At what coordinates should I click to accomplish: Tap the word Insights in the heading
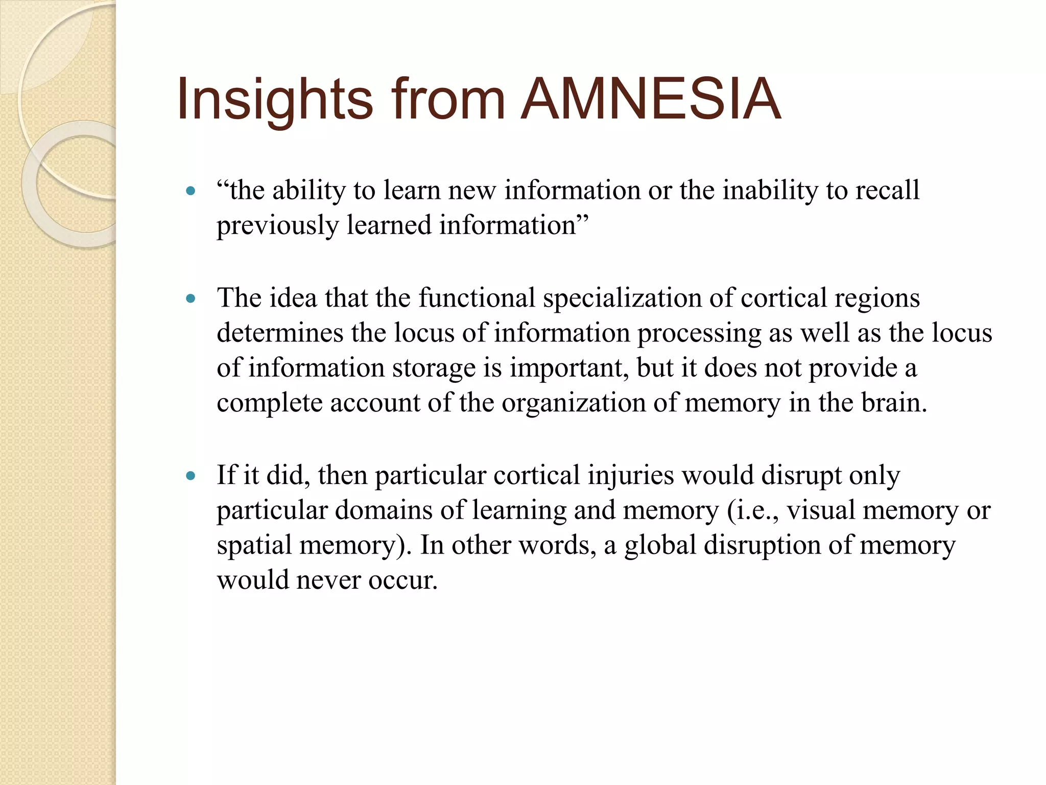(x=275, y=100)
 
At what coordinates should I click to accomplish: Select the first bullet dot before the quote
(x=191, y=192)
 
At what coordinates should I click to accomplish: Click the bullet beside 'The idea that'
(x=191, y=299)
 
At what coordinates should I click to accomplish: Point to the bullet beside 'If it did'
(x=191, y=476)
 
